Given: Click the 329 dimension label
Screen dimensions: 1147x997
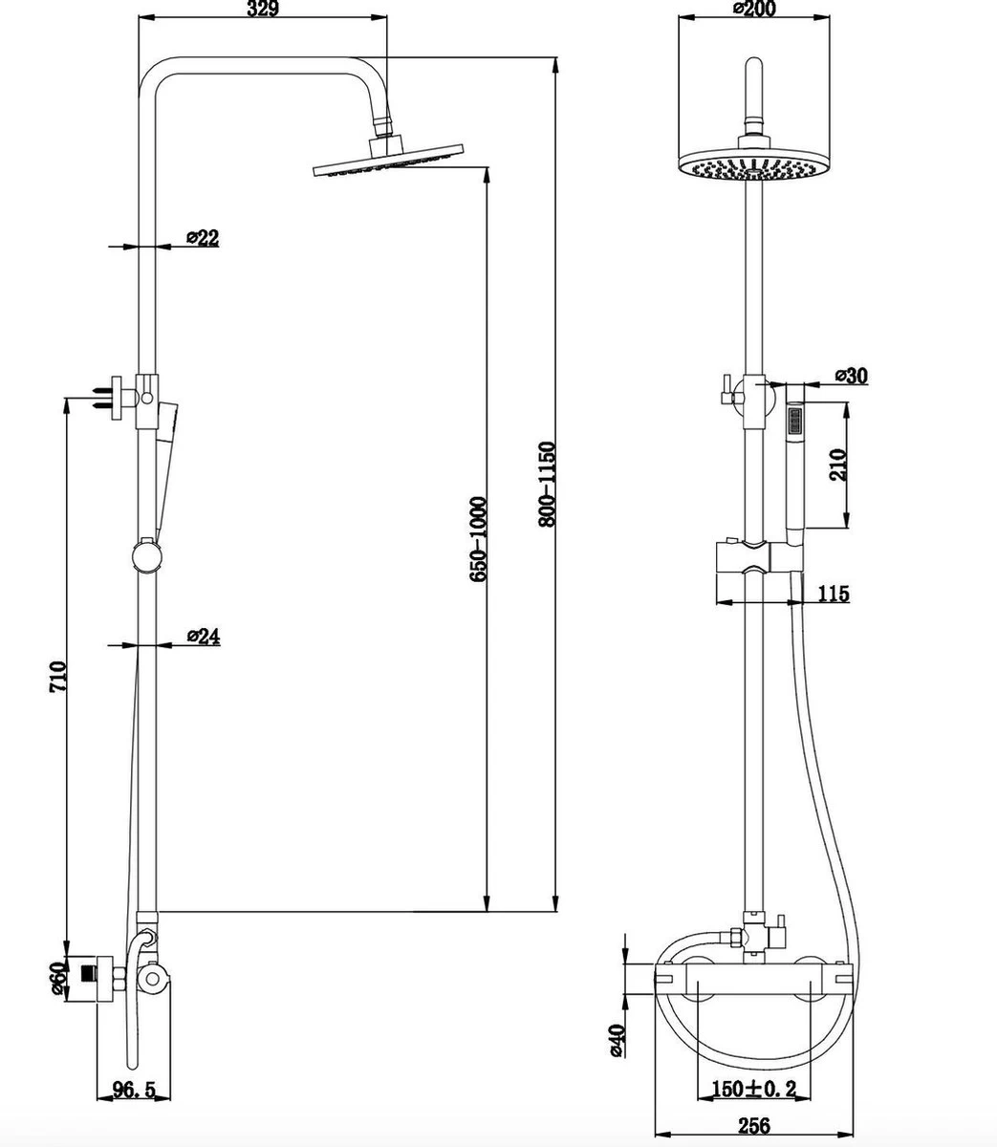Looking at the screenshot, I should tap(262, 11).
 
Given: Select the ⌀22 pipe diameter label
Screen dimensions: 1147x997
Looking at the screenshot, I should tap(203, 239).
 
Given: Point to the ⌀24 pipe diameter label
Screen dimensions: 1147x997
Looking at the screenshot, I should tap(204, 637).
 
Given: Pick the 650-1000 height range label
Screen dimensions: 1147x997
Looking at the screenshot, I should tap(479, 539).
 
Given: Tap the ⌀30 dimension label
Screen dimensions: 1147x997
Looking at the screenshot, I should tap(850, 376).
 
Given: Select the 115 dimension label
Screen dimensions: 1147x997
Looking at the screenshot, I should tap(834, 595).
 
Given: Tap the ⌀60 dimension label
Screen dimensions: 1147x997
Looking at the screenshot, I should tap(57, 977).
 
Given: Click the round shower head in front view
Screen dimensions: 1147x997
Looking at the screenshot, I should tap(754, 163).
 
